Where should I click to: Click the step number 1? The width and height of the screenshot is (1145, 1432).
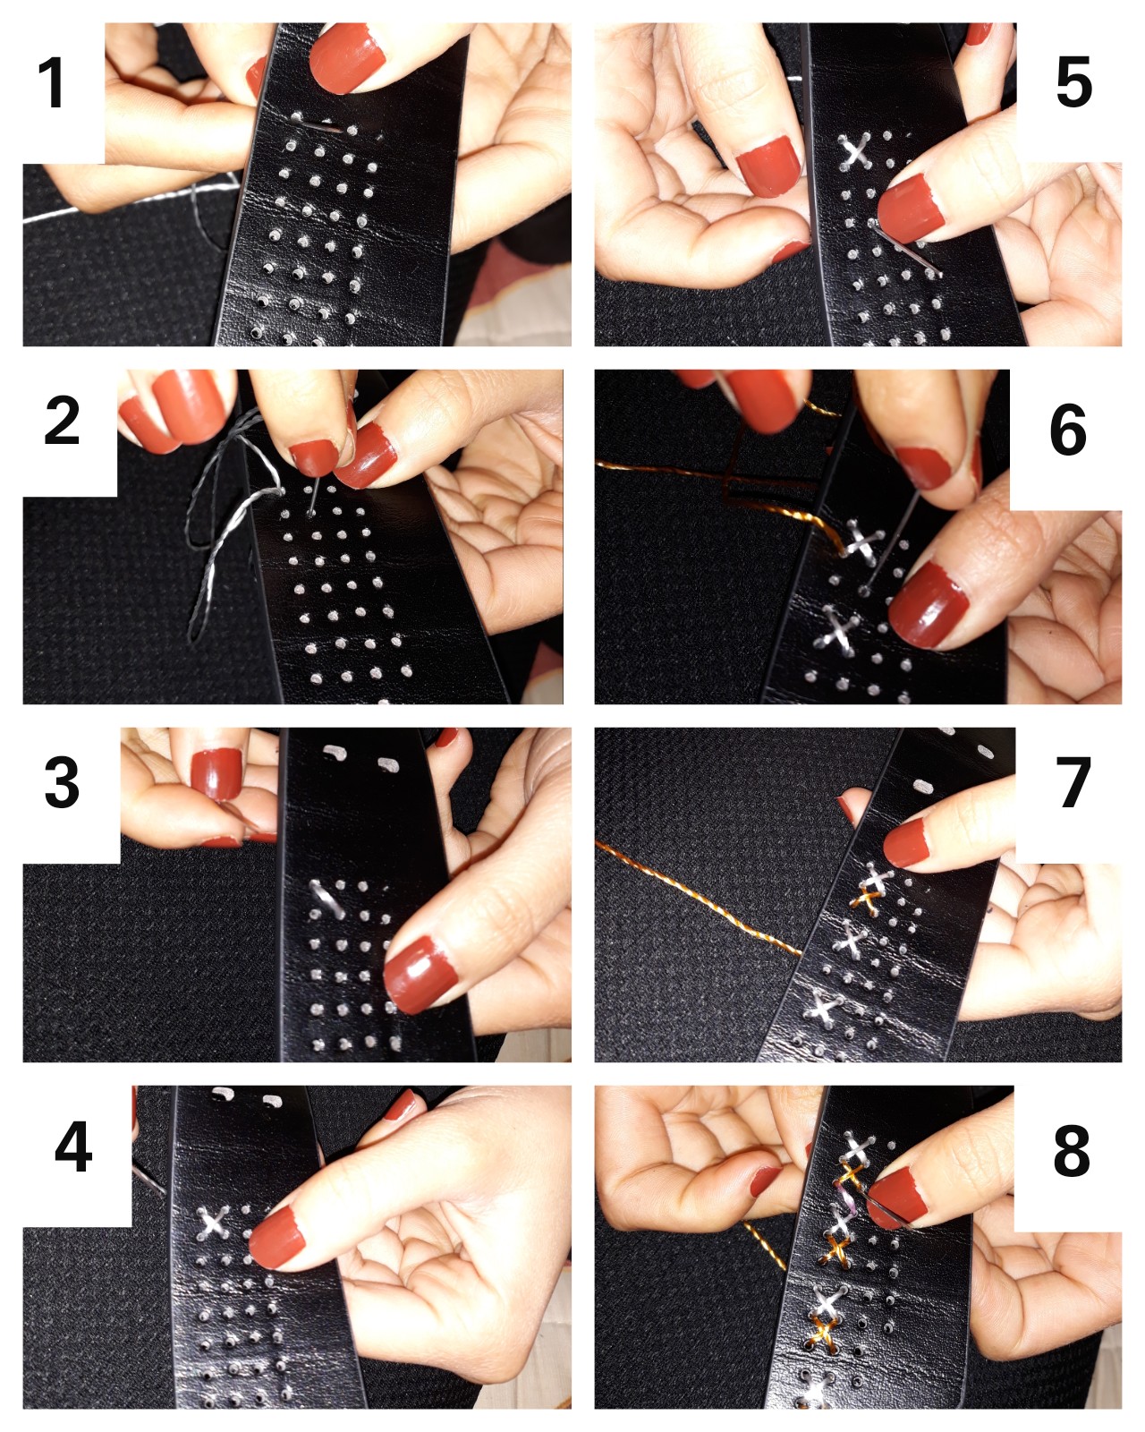[51, 82]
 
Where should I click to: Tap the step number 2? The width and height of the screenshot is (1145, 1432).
[62, 421]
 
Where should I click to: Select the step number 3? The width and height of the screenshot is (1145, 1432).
[62, 782]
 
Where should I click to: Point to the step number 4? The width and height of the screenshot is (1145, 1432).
[73, 1146]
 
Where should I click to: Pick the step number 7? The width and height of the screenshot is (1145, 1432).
[1073, 782]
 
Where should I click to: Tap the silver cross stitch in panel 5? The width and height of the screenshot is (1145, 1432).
[855, 150]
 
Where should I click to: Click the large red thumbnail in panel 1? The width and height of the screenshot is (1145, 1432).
[347, 58]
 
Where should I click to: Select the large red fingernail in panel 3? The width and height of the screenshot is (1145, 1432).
[420, 975]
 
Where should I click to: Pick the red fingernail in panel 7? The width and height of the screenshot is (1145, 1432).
[906, 843]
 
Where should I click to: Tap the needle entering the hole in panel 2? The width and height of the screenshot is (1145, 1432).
[310, 499]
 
